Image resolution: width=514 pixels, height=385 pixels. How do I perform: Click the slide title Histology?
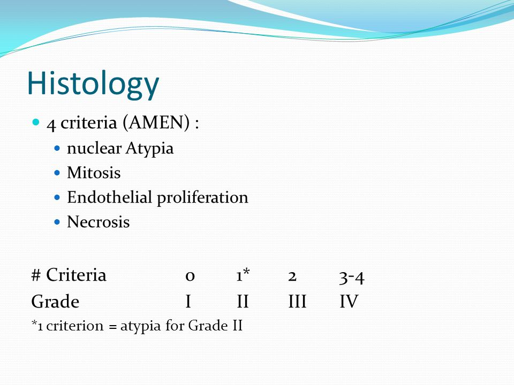93,83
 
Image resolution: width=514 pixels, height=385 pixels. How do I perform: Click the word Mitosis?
94,173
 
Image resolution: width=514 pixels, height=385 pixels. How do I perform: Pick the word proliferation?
202,198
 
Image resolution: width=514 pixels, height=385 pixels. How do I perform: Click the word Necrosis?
98,222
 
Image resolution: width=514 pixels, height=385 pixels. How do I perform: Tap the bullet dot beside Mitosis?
58,174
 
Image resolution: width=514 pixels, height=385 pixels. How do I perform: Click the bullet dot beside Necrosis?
58,223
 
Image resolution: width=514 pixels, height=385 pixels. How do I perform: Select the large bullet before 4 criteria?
36,123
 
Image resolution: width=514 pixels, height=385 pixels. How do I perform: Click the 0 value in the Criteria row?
190,276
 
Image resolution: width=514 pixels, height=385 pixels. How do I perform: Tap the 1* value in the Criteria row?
243,276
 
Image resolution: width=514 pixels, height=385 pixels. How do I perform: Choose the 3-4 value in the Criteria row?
352,276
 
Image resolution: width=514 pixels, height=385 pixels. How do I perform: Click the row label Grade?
55,302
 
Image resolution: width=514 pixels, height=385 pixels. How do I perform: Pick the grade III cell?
297,302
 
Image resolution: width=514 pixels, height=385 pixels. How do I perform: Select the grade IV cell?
349,302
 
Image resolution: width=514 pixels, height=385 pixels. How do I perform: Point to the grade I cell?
188,302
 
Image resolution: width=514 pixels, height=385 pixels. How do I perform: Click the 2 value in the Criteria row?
292,276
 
